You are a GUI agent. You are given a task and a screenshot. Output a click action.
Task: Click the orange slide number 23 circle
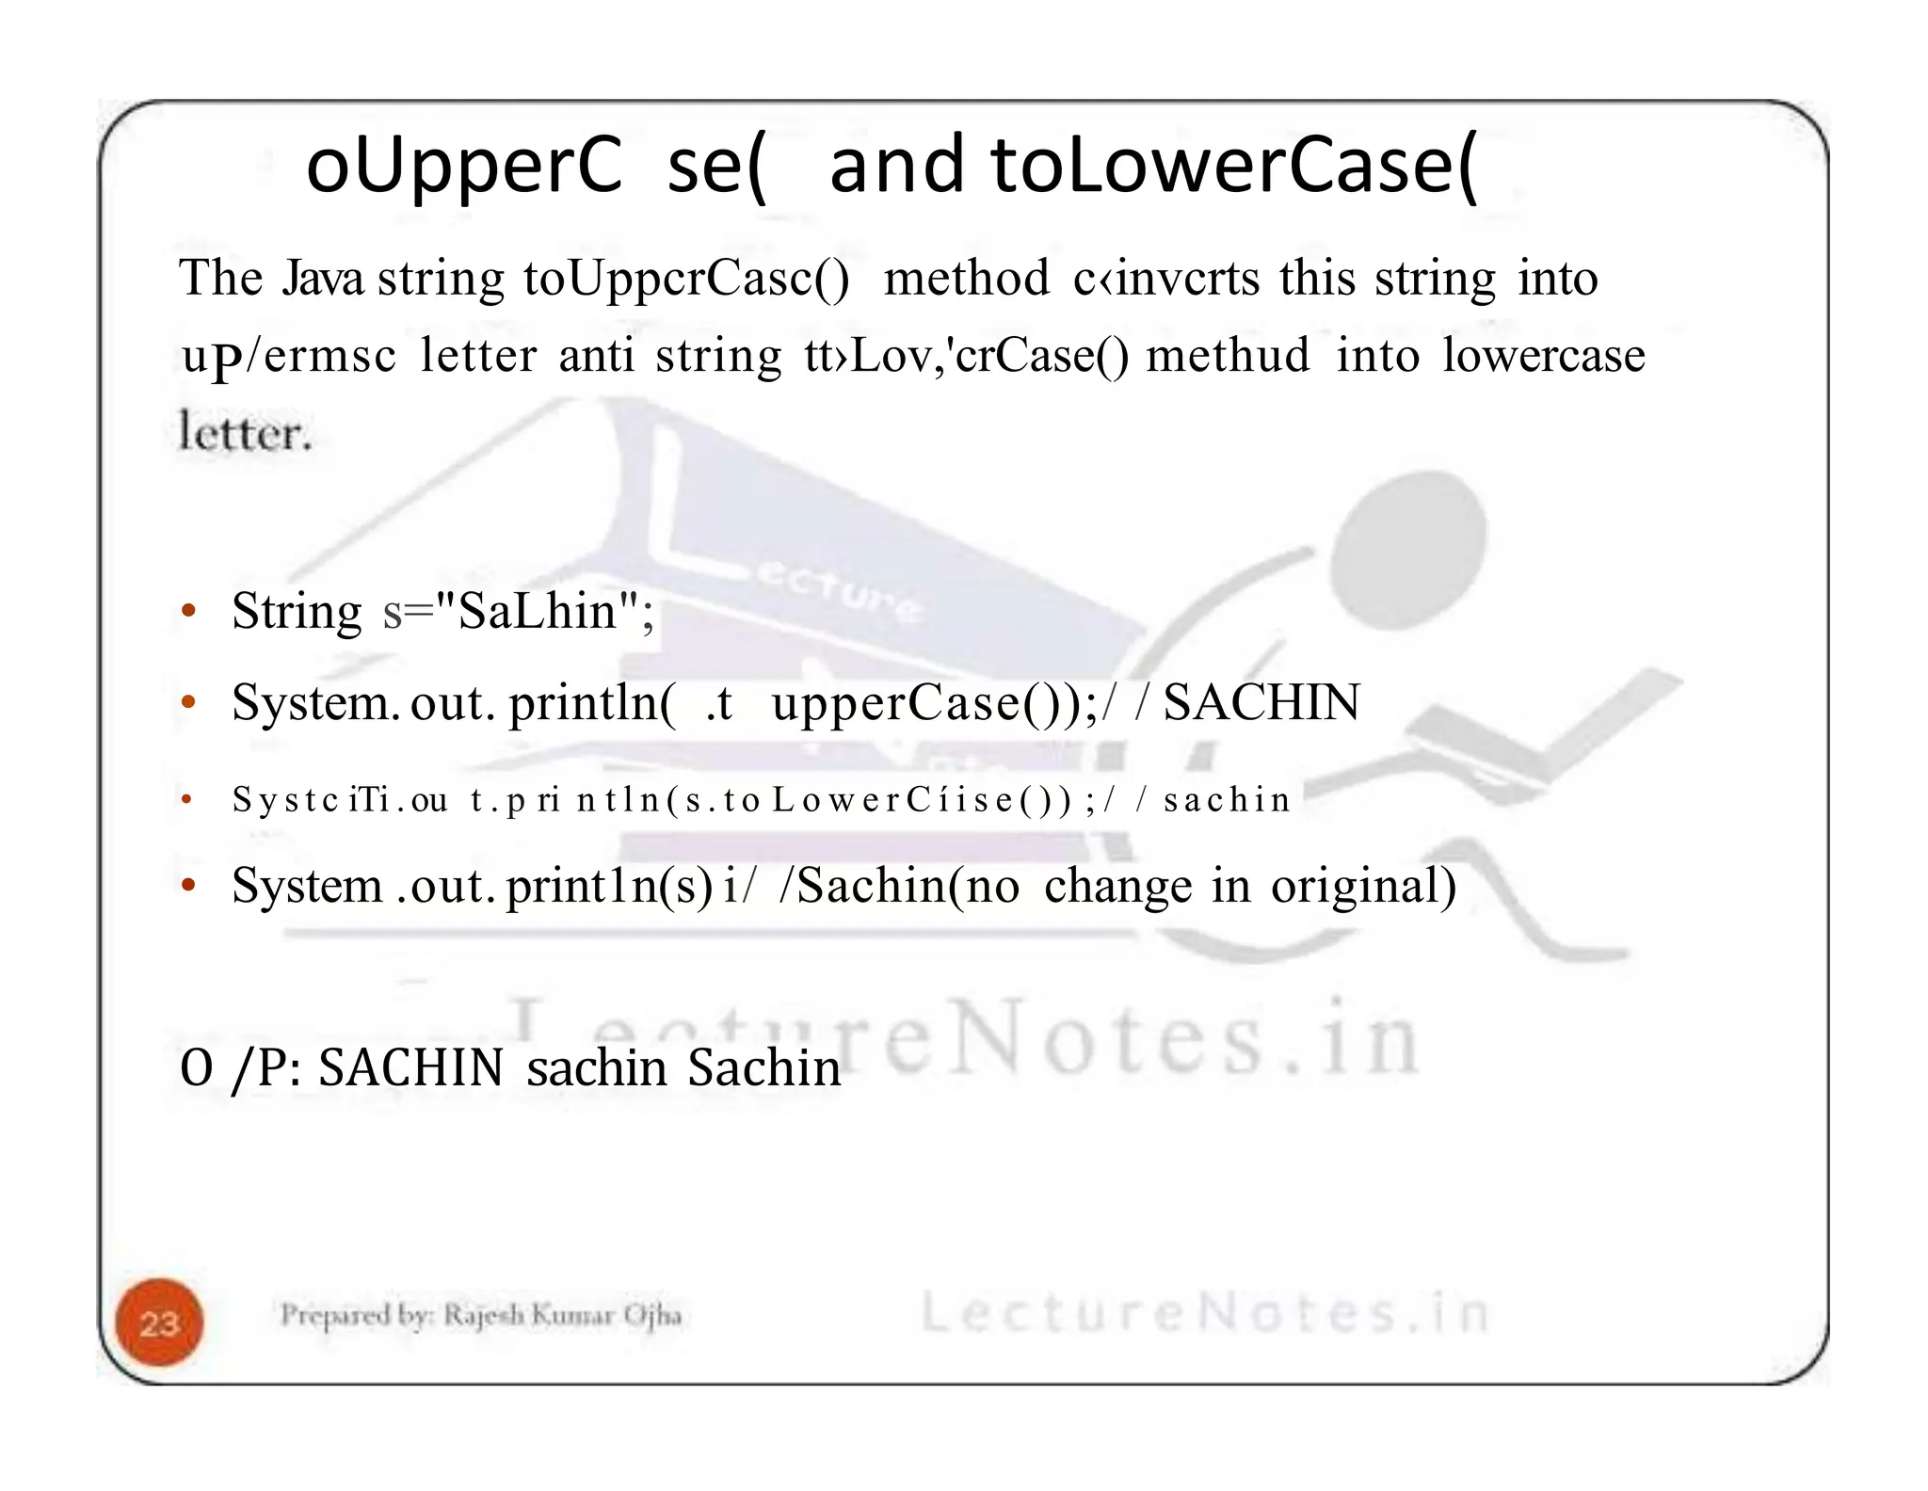[159, 1323]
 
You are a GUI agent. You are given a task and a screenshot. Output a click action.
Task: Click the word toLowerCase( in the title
[1233, 166]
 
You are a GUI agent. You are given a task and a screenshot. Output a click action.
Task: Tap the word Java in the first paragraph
[323, 279]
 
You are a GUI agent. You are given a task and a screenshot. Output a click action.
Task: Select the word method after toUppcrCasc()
[966, 279]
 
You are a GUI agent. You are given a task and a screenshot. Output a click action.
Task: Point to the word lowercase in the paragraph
[1544, 356]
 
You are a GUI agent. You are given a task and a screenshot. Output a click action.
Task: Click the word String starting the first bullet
[297, 611]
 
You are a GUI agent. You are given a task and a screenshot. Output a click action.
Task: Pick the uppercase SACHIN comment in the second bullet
[1261, 702]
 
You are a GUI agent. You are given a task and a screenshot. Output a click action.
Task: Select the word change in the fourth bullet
[1117, 886]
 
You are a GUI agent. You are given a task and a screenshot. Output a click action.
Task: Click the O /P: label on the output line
[239, 1068]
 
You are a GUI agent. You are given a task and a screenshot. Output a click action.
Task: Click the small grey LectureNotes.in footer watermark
[1205, 1313]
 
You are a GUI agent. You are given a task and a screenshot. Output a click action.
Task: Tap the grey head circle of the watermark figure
[1411, 537]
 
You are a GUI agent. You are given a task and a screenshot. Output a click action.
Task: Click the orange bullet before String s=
[188, 612]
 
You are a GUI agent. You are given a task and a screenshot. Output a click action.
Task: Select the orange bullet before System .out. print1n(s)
[188, 886]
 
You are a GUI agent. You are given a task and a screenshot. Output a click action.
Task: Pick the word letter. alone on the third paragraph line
[245, 433]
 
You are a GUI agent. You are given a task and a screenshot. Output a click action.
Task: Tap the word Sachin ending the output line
[763, 1068]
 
